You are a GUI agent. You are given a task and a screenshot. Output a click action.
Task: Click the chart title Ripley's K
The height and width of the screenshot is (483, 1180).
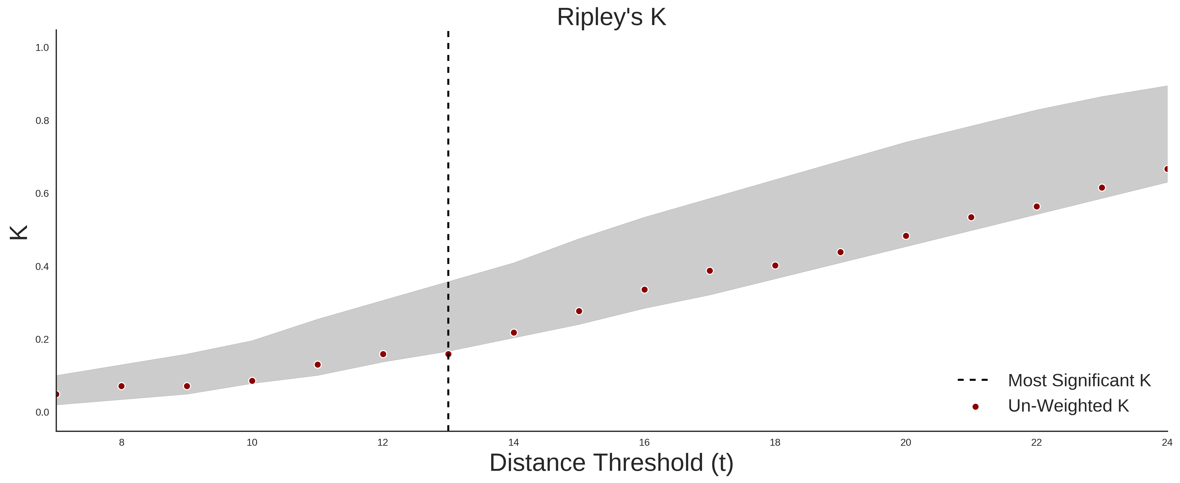[x=612, y=17]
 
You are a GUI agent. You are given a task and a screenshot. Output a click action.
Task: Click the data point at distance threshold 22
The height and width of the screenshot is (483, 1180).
[x=1037, y=206]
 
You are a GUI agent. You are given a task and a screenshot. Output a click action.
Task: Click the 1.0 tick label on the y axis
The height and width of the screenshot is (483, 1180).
[x=42, y=48]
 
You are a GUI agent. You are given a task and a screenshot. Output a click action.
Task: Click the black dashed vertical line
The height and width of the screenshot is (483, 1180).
[x=448, y=231]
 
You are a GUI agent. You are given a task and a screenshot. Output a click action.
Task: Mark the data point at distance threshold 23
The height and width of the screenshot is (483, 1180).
[x=1102, y=188]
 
